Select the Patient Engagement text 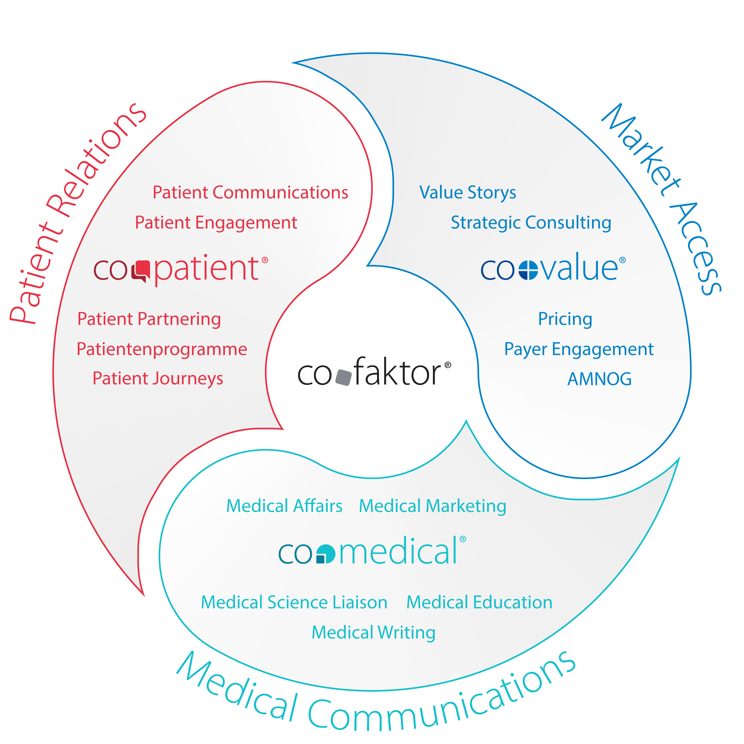[x=216, y=223]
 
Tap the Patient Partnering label [x=149, y=319]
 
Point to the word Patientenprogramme [x=162, y=349]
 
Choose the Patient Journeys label [x=158, y=379]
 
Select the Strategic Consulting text [x=531, y=223]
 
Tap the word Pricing [x=565, y=319]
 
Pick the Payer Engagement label [x=579, y=349]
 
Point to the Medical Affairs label [x=284, y=506]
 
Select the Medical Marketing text [x=433, y=506]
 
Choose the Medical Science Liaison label [x=294, y=602]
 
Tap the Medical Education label [x=479, y=602]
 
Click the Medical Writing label [x=374, y=632]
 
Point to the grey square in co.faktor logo [x=344, y=377]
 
